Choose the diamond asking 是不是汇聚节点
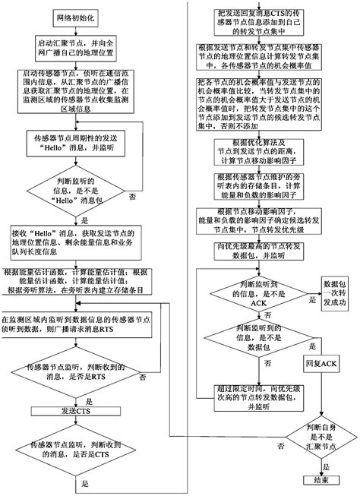319,434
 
